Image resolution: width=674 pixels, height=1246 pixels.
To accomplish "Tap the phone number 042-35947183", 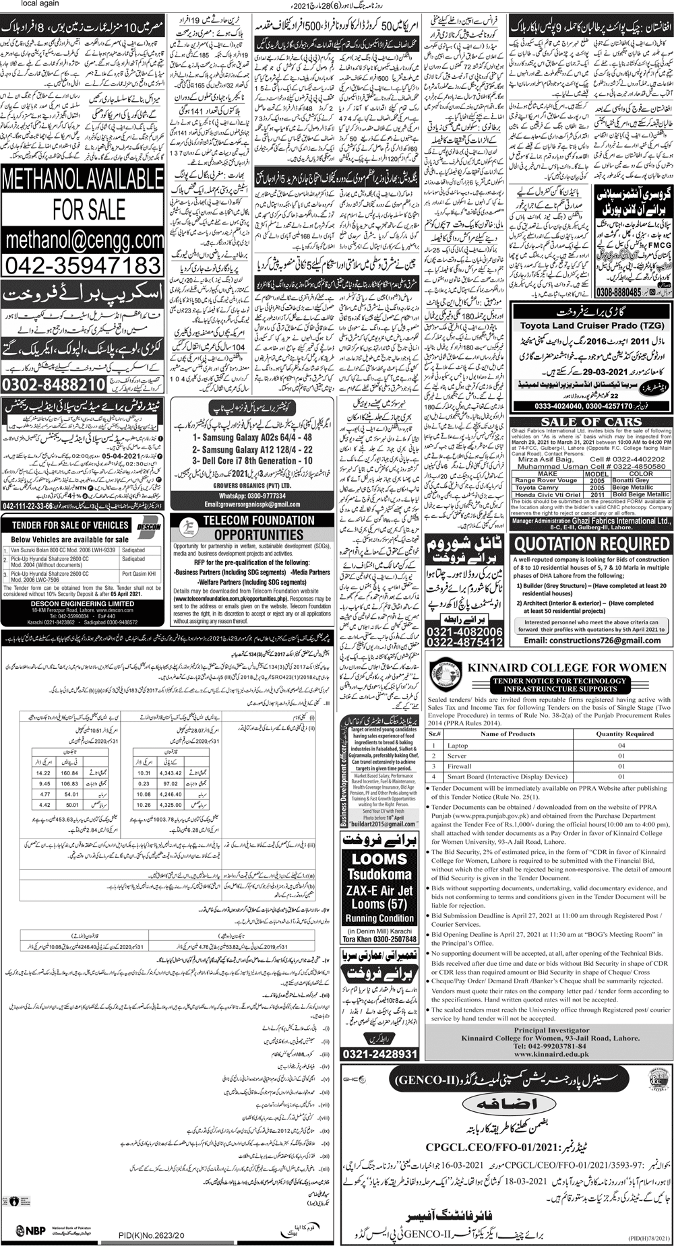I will coord(83,263).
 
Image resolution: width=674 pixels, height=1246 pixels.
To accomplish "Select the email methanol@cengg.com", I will coord(83,239).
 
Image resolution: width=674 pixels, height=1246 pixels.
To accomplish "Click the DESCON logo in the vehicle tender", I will coord(148,525).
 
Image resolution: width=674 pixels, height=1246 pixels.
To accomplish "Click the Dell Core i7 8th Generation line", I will coord(252,461).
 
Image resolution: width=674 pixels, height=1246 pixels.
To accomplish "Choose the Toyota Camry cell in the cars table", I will coord(537,487).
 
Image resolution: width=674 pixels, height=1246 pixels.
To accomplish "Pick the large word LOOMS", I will coord(379,858).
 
